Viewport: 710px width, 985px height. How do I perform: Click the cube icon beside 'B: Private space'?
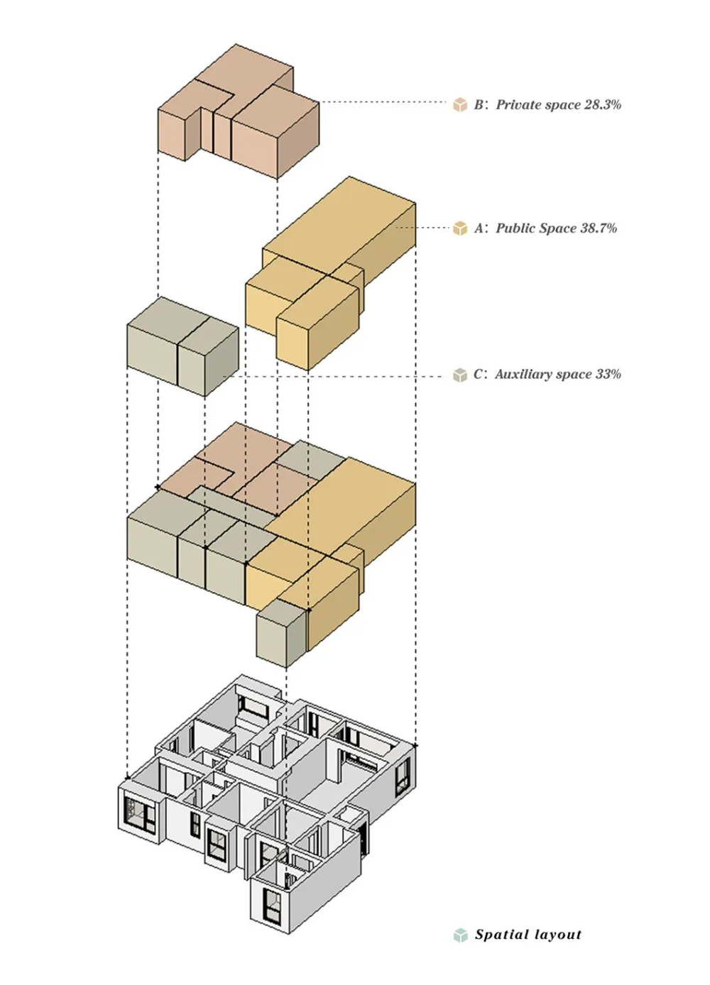pos(460,105)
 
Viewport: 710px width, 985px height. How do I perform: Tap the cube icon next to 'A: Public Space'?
pos(460,229)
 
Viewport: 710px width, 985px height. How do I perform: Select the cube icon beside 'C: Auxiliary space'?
pos(460,375)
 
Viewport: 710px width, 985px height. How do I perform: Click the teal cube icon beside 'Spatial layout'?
pos(460,935)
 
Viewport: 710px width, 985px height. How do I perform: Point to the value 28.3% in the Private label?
pos(603,105)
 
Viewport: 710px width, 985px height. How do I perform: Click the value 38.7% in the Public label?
pos(599,229)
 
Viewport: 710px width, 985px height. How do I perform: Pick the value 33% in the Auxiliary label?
pos(608,374)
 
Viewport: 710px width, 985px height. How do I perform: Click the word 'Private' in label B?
pos(518,105)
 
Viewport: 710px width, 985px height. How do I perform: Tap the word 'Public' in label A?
pos(515,229)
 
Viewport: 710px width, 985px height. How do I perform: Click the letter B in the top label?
pos(479,105)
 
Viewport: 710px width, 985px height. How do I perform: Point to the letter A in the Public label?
pos(479,229)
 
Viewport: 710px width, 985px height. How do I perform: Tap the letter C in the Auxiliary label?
pos(479,375)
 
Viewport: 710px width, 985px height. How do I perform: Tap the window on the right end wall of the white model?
pos(403,774)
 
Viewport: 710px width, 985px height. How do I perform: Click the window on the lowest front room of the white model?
pos(271,904)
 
